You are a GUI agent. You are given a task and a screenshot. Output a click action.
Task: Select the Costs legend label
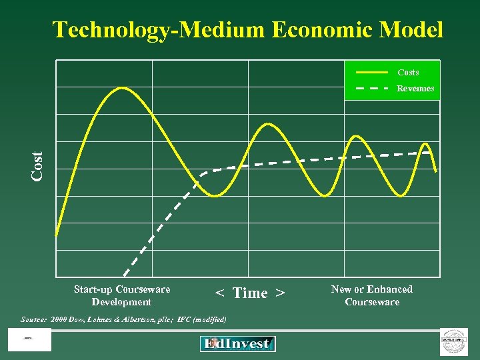pos(408,72)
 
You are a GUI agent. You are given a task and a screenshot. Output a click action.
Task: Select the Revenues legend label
pos(415,88)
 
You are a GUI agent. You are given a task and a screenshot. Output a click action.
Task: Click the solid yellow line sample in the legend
pos(372,71)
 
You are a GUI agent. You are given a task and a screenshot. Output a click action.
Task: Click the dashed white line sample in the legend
pos(372,88)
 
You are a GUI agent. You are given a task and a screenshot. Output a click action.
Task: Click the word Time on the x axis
pos(250,293)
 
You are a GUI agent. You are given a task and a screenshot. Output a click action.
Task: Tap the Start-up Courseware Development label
pos(122,295)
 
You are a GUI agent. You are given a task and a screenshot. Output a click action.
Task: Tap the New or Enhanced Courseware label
pos(372,295)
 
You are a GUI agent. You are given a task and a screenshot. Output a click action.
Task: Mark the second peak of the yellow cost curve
pos(267,124)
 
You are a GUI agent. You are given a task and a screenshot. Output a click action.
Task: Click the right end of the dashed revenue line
pos(429,152)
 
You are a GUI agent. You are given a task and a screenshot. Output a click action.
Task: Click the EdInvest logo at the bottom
pos(237,344)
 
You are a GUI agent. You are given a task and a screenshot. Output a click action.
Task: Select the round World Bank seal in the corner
pos(454,341)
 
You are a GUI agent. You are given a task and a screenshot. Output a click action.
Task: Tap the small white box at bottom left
pos(29,340)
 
